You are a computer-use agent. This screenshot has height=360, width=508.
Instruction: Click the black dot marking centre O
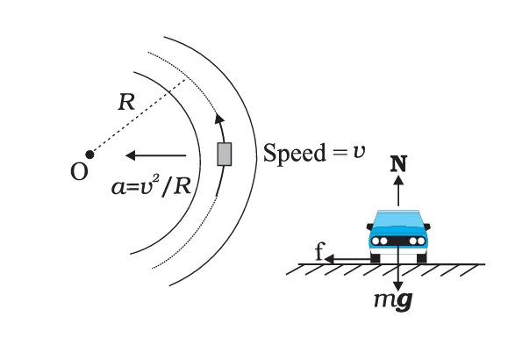point(89,155)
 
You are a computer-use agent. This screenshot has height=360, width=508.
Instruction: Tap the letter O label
point(80,172)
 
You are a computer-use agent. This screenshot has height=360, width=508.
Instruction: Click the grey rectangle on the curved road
point(225,155)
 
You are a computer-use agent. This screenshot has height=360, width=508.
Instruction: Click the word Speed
point(290,153)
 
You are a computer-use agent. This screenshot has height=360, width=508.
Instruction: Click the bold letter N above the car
point(398,163)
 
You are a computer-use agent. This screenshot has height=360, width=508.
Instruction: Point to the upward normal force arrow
point(398,191)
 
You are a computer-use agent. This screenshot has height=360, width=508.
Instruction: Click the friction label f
point(320,254)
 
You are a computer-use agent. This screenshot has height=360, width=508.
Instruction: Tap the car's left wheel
point(376,257)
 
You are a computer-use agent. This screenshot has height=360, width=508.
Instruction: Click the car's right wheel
point(421,257)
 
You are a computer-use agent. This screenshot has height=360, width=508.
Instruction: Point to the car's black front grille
point(398,239)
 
